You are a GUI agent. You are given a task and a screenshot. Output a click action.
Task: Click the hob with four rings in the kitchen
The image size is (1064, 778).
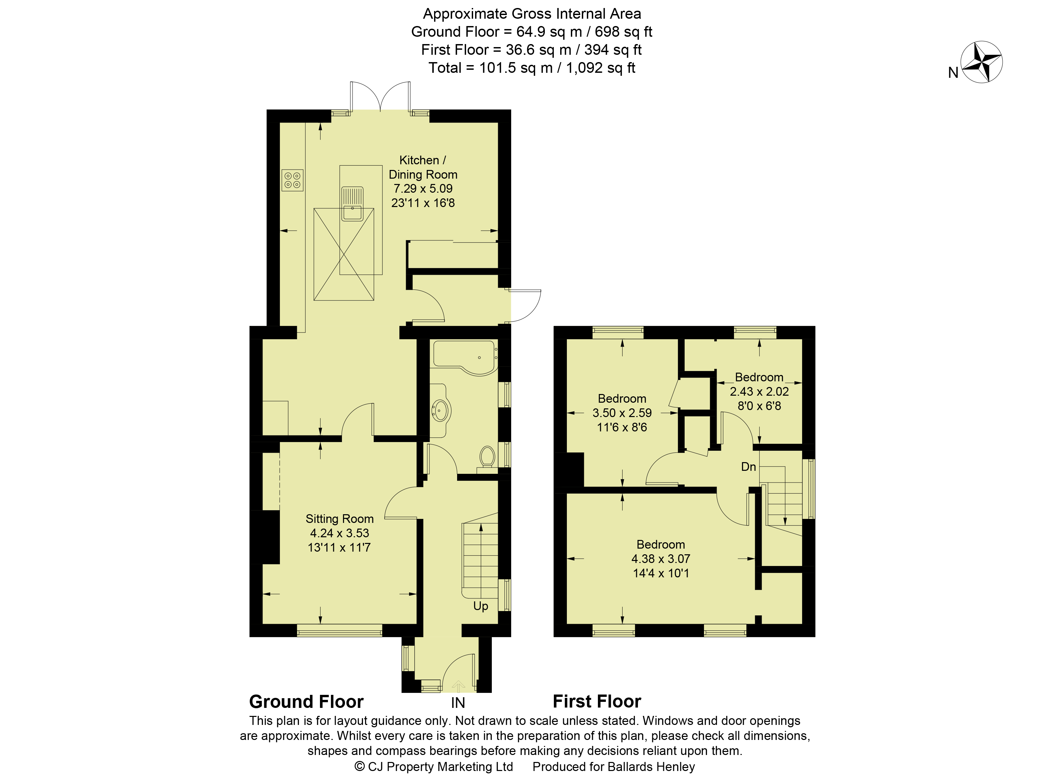coord(292,180)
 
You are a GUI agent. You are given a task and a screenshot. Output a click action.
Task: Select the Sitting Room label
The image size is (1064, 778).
coord(339,519)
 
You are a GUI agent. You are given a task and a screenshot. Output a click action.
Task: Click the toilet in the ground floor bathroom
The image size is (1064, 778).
coord(487,457)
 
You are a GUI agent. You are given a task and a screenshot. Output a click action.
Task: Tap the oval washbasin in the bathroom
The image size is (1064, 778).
coord(440,411)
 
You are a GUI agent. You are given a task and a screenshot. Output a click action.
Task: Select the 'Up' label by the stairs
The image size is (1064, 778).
coord(480,606)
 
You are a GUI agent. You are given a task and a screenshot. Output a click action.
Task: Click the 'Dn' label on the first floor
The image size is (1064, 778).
coord(748,467)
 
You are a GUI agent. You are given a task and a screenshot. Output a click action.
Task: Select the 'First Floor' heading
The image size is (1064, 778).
coord(597,701)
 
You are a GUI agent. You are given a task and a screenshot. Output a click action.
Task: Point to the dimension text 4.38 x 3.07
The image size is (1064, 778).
coord(660,559)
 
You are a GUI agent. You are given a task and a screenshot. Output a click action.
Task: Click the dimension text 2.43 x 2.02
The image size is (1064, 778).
coord(759,391)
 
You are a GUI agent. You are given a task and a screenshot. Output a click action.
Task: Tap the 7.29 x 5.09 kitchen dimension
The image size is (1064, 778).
coord(423,188)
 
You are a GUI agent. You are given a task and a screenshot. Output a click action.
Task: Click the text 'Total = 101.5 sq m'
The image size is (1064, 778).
coord(490,68)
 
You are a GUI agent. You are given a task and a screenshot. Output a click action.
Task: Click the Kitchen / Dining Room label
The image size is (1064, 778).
coord(423,167)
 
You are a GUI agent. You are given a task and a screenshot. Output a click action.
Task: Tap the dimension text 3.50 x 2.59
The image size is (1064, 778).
coord(622,413)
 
